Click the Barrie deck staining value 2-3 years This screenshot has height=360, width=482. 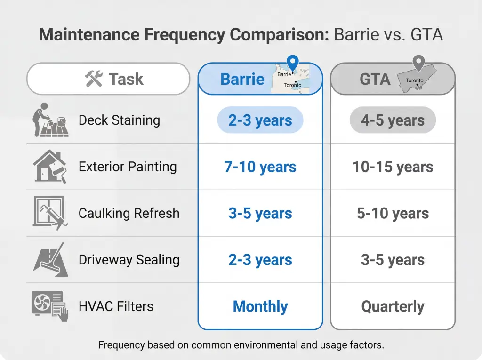click(260, 120)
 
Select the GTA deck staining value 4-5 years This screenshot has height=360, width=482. click(393, 120)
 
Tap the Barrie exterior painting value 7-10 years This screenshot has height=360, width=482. click(260, 167)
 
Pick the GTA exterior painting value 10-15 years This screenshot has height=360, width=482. click(393, 167)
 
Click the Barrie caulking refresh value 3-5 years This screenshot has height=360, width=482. click(260, 214)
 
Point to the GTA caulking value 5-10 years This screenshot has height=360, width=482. click(393, 214)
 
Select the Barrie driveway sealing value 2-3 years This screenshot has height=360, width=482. click(260, 260)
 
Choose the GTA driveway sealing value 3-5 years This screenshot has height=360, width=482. click(393, 260)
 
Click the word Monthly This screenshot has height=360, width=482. click(260, 307)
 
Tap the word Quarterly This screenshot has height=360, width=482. click(393, 307)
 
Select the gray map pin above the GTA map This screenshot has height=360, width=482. click(418, 63)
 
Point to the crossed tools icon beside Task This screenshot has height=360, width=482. click(93, 79)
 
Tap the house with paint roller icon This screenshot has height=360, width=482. click(50, 166)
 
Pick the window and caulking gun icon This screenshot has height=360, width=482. click(50, 213)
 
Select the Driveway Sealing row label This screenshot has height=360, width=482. click(129, 260)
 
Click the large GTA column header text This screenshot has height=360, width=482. click(375, 79)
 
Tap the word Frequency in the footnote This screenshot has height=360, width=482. click(121, 345)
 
